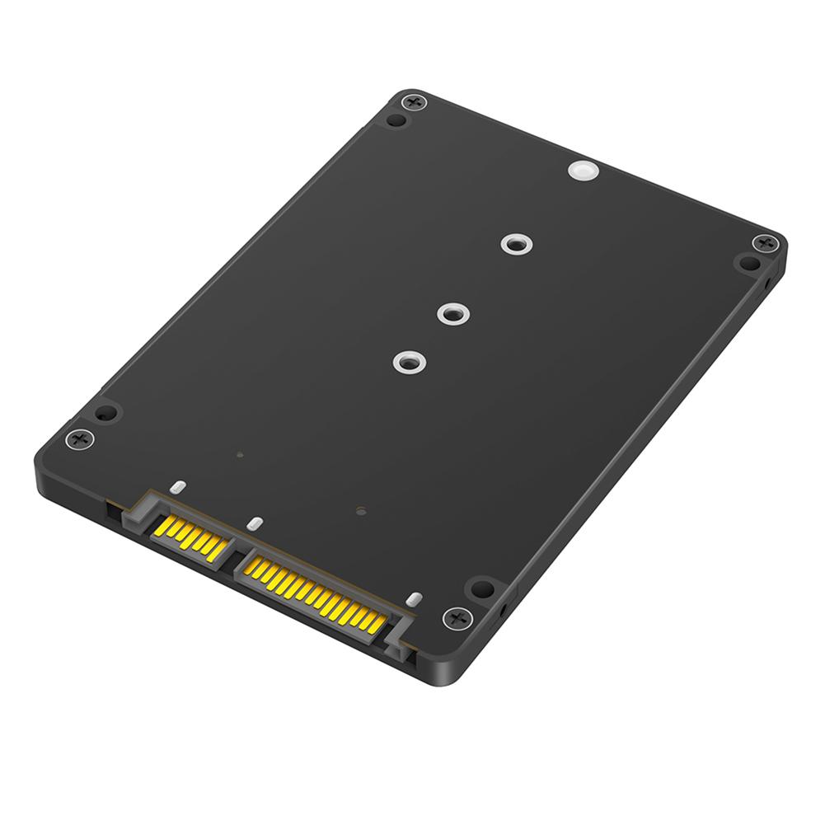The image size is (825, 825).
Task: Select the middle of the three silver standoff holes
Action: coord(452,313)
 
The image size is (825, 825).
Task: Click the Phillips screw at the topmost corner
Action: coord(414,102)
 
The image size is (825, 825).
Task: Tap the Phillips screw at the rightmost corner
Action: coord(766,243)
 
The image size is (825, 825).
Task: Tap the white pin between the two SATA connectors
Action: coord(255,523)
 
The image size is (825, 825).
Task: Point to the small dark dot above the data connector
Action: coord(239,454)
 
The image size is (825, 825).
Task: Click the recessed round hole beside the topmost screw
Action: coord(397,120)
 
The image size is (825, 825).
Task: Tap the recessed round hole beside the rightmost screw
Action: coord(749,263)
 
